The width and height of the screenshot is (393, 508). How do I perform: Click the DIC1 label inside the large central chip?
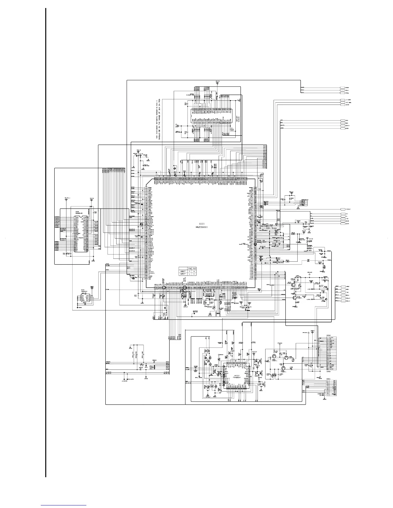tap(202, 224)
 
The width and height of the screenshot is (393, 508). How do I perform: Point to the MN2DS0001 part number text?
tap(202, 227)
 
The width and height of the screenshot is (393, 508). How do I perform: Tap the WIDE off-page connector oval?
tap(344, 105)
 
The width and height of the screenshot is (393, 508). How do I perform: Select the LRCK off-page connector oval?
tap(344, 128)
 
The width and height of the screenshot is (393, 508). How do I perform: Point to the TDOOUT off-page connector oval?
tap(344, 209)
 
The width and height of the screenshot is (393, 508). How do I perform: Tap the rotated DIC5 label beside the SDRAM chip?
tap(235, 124)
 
